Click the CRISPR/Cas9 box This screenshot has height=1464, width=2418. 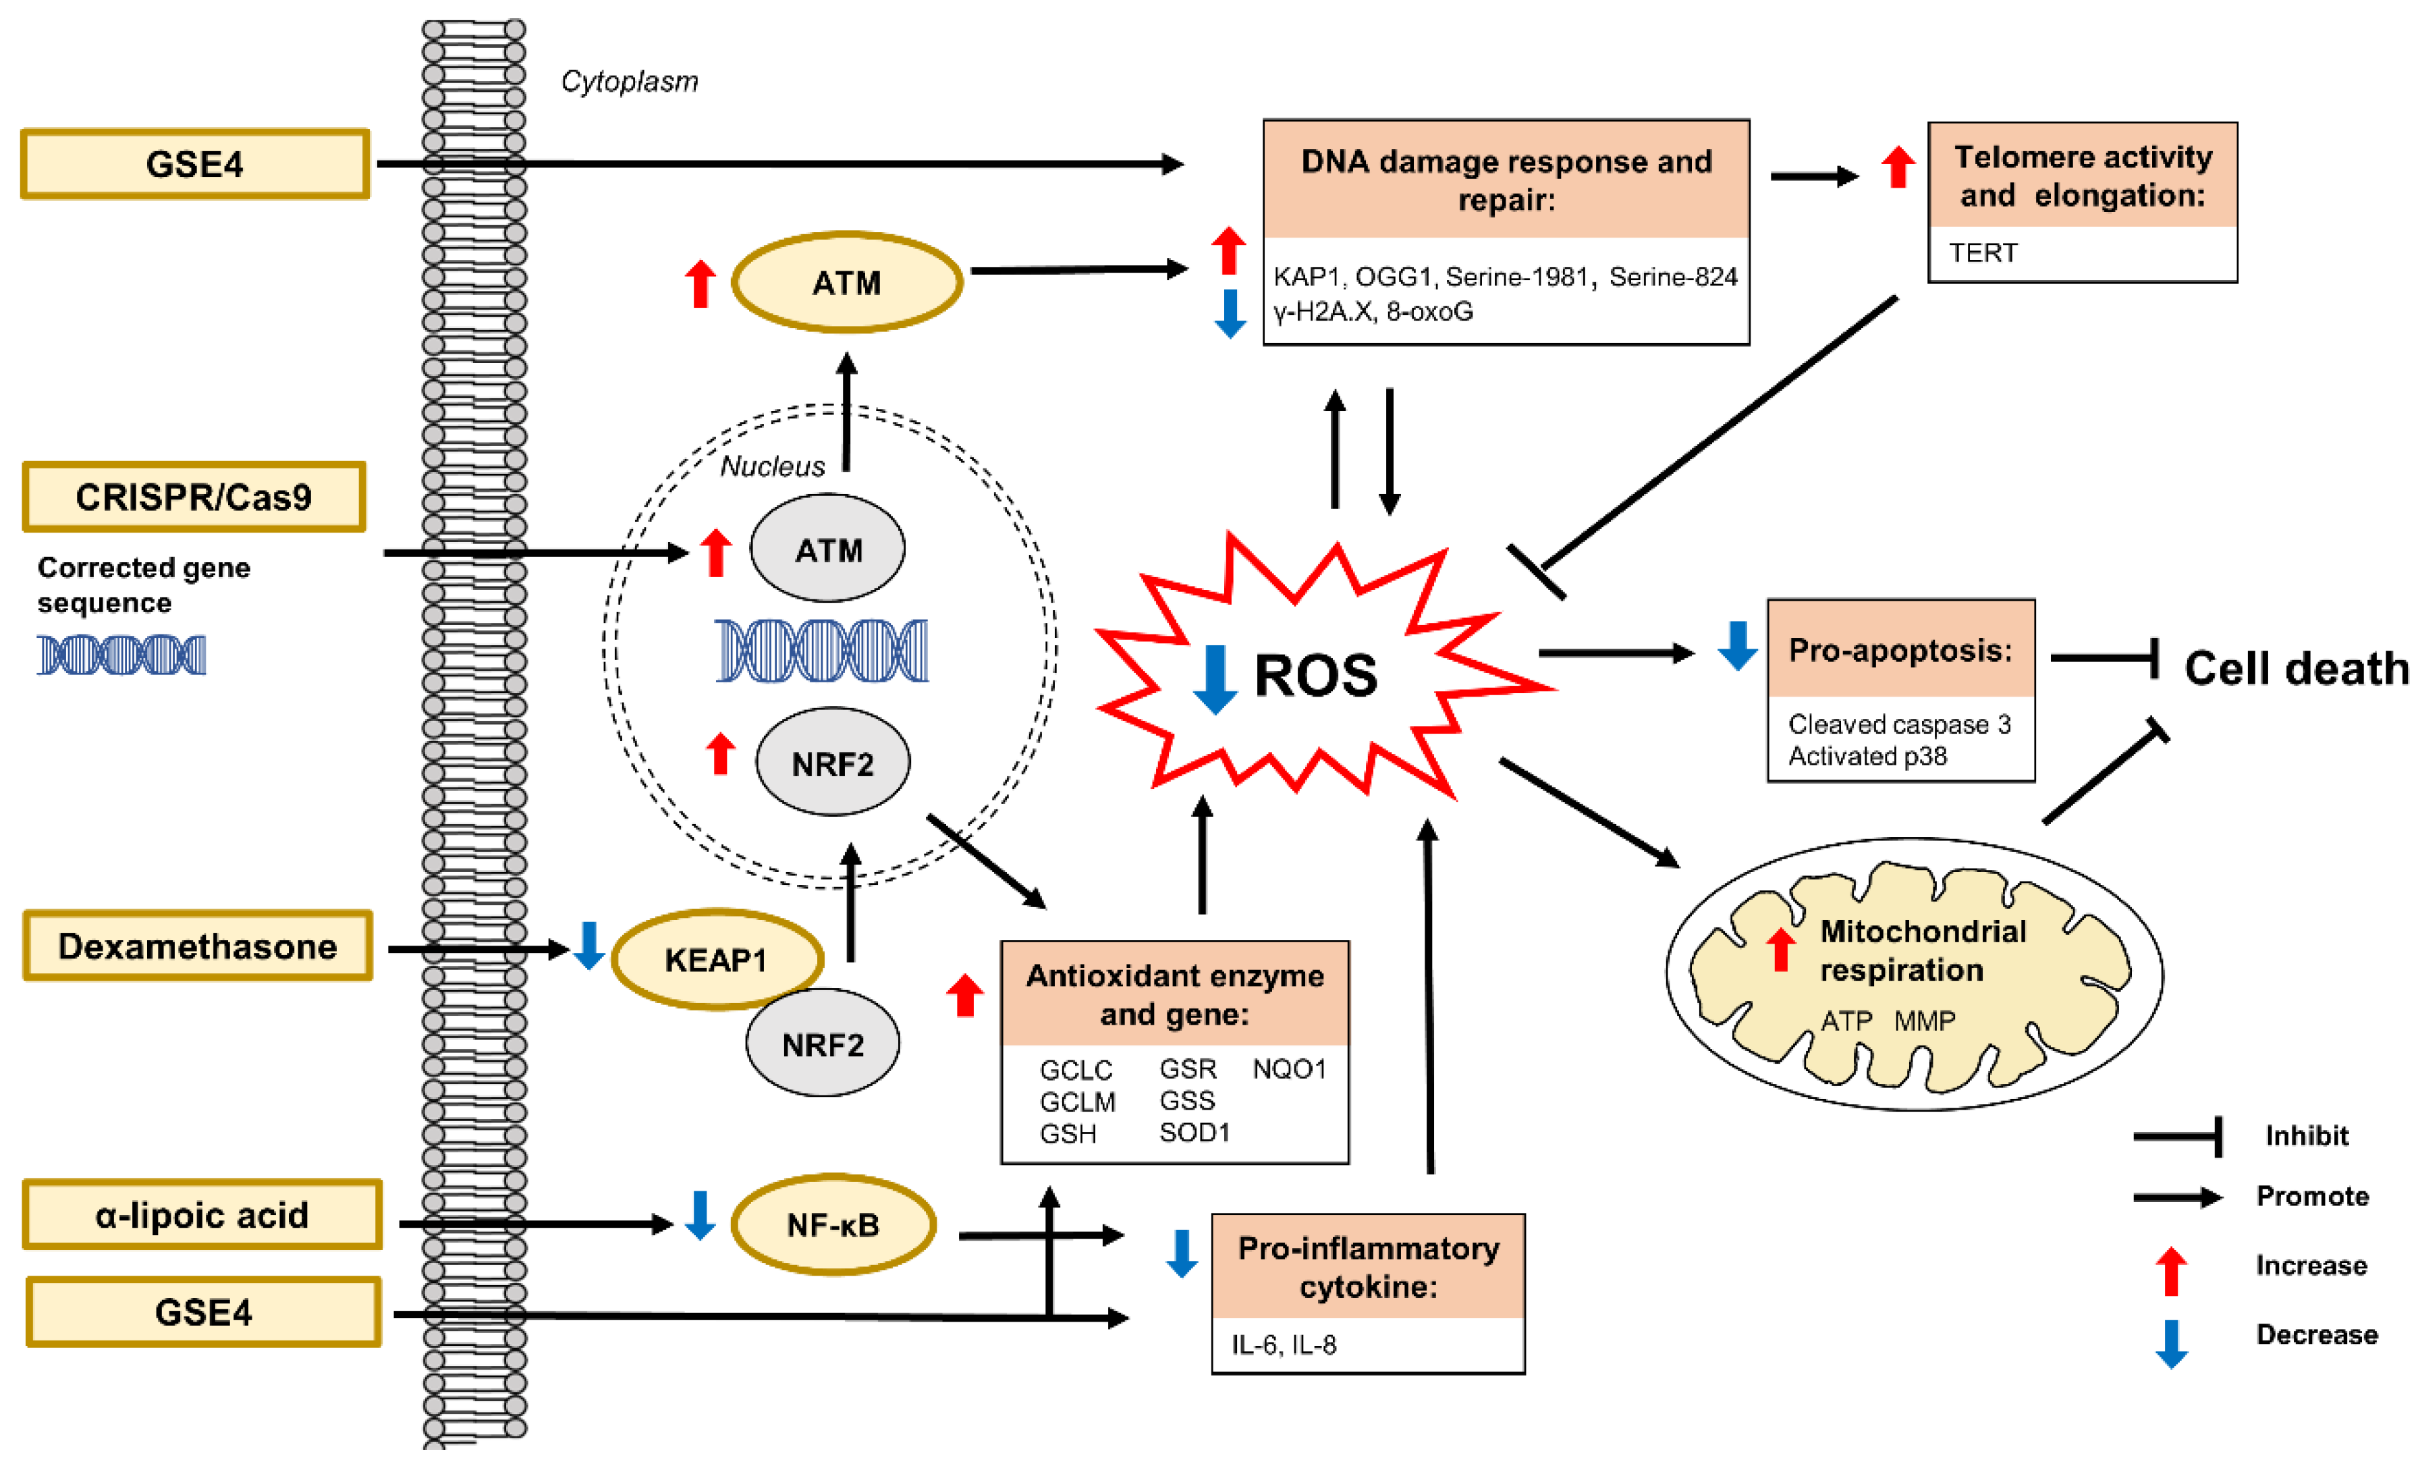[193, 497]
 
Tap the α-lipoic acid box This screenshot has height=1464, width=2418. [201, 1215]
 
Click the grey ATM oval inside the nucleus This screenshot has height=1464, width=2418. [827, 549]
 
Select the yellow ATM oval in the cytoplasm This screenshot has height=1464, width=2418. [846, 283]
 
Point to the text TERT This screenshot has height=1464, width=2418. [1982, 253]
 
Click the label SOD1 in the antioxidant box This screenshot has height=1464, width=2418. [1194, 1133]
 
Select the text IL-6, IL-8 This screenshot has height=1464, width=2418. [1284, 1345]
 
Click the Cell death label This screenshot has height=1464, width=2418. [2295, 668]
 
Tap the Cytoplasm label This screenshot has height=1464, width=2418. [629, 82]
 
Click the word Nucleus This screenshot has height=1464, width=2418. [772, 466]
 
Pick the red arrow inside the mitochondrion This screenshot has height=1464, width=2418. [1780, 949]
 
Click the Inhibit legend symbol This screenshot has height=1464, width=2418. [2178, 1136]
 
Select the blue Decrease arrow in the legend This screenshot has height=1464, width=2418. [2171, 1343]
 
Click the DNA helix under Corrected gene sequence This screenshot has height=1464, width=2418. [121, 655]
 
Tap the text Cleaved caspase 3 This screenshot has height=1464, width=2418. [1899, 724]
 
